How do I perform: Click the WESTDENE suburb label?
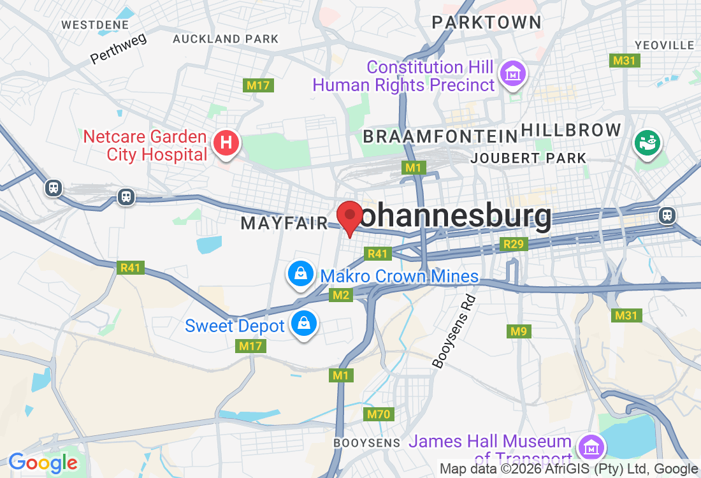(x=95, y=25)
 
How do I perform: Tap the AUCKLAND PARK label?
(x=226, y=39)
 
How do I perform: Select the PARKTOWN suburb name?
(x=486, y=22)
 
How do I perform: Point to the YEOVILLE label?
(x=665, y=45)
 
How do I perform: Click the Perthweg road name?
(x=119, y=48)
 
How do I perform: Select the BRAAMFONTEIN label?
(x=440, y=136)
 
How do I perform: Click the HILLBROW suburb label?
(x=571, y=130)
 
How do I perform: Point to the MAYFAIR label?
(x=284, y=223)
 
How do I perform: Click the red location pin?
(x=349, y=217)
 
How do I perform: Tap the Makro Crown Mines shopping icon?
(x=300, y=274)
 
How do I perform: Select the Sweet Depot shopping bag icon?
(x=304, y=324)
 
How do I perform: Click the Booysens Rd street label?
(x=454, y=331)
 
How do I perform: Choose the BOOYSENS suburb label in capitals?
(x=367, y=442)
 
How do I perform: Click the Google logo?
(x=43, y=463)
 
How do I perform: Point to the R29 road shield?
(x=513, y=244)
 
